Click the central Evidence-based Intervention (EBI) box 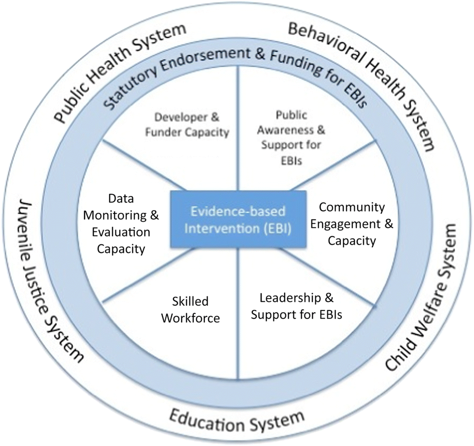point(238,219)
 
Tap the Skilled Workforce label point(190,309)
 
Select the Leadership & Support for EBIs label point(296,306)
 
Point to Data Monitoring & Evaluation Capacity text point(121,224)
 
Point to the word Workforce point(190,317)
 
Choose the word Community point(352,207)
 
